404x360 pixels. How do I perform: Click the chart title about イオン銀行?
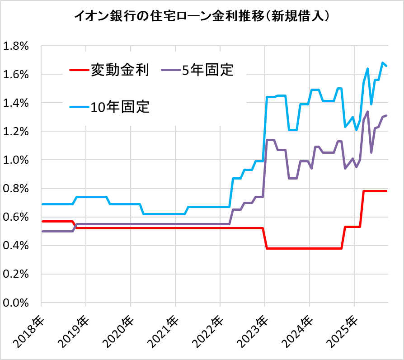pyautogui.click(x=202, y=17)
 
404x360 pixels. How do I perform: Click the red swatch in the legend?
pyautogui.click(x=79, y=70)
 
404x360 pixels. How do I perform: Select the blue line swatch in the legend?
pyautogui.click(x=79, y=108)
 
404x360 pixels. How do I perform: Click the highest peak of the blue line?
pyautogui.click(x=383, y=63)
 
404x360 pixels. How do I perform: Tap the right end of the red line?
pyautogui.click(x=386, y=191)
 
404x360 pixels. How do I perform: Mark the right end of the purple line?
pyautogui.click(x=386, y=116)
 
